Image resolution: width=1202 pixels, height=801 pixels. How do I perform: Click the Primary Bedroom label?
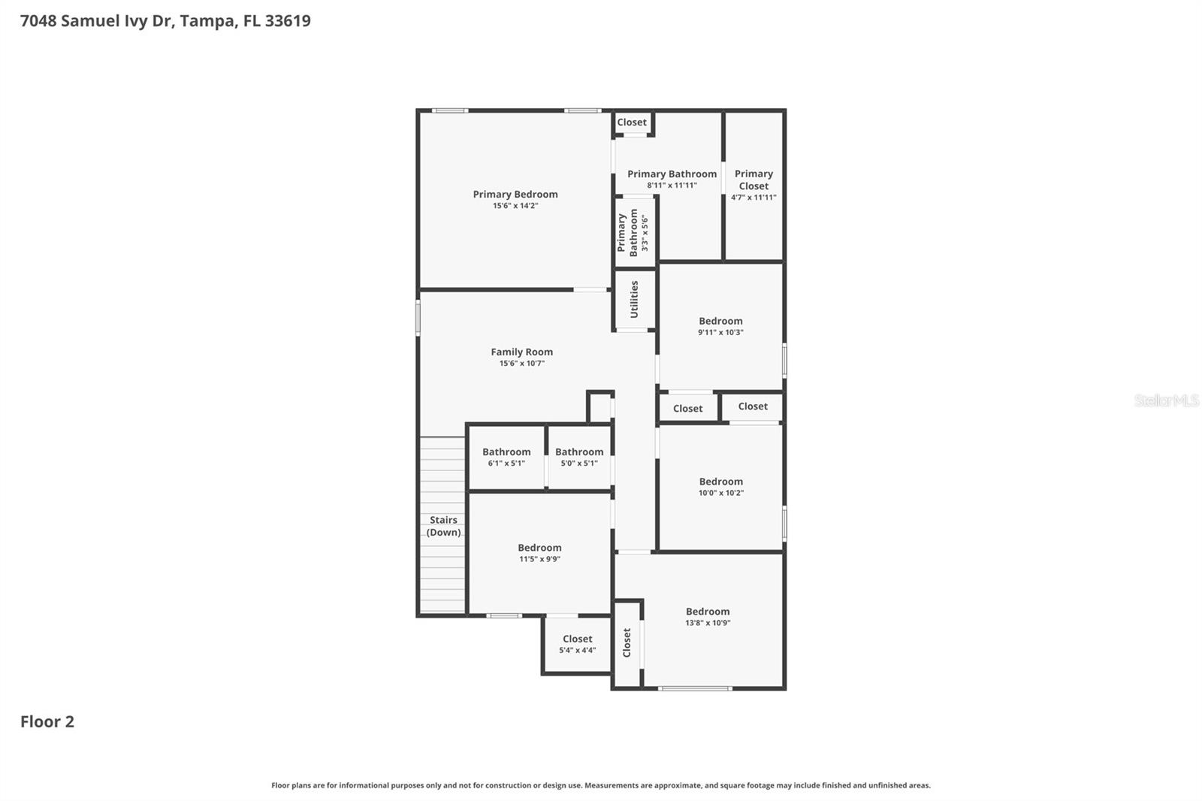click(x=515, y=194)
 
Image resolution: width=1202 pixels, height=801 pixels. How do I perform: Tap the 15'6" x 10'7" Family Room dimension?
click(x=521, y=364)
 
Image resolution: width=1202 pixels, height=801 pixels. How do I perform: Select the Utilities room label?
click(x=634, y=299)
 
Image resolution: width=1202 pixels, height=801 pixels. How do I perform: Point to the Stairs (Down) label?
click(x=443, y=526)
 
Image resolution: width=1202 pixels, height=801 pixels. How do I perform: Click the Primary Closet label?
click(x=754, y=180)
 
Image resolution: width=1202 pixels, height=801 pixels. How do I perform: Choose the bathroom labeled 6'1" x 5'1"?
click(x=506, y=457)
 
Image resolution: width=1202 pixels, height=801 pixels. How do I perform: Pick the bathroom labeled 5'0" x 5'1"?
click(x=579, y=457)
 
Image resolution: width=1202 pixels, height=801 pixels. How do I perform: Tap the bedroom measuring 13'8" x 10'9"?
click(x=708, y=616)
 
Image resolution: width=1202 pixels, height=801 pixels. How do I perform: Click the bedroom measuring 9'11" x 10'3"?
click(x=720, y=326)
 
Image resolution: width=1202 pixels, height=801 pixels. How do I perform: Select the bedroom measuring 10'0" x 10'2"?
click(x=720, y=486)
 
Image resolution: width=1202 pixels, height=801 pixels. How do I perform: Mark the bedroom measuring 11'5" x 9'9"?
click(x=539, y=553)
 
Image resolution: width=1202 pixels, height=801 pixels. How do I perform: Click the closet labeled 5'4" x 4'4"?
click(x=577, y=644)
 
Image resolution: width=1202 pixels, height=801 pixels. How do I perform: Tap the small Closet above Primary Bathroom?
click(x=632, y=122)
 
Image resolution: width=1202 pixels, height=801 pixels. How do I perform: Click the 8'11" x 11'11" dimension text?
click(x=672, y=186)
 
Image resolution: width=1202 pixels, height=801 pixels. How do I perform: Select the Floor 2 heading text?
click(x=47, y=721)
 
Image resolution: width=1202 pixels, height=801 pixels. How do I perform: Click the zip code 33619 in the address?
click(x=288, y=20)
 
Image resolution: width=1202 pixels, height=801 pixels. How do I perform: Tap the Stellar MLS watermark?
click(x=1166, y=400)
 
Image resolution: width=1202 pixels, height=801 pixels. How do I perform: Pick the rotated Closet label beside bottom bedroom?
click(x=627, y=642)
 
